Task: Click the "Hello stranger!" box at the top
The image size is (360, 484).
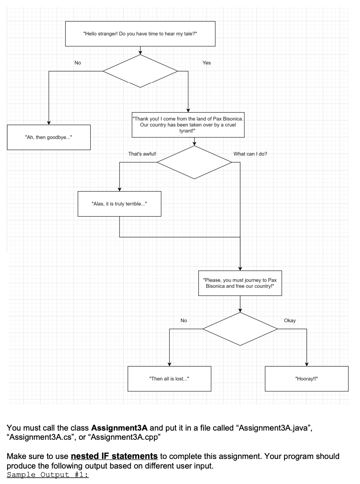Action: [140, 34]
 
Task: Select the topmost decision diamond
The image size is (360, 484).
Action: [140, 71]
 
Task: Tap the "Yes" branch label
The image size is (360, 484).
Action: [206, 63]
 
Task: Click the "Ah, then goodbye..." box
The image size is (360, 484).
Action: [48, 137]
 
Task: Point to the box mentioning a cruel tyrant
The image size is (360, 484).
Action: [188, 125]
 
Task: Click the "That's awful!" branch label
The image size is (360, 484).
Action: [142, 154]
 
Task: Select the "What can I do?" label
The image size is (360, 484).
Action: [250, 154]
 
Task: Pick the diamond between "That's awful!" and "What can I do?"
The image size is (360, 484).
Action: [194, 162]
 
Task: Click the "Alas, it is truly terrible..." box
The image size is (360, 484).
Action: [119, 204]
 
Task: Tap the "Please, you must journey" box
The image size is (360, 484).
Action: [240, 283]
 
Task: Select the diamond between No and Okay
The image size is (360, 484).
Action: [240, 329]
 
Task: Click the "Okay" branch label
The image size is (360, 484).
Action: [289, 320]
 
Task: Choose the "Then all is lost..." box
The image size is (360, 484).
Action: [169, 379]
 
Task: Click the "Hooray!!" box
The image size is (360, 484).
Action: [307, 379]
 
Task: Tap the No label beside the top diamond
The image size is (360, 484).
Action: [78, 63]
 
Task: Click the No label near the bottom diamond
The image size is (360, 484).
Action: [184, 320]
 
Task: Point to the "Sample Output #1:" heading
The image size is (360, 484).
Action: [48, 476]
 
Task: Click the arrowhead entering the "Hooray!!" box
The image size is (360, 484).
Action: [307, 364]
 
